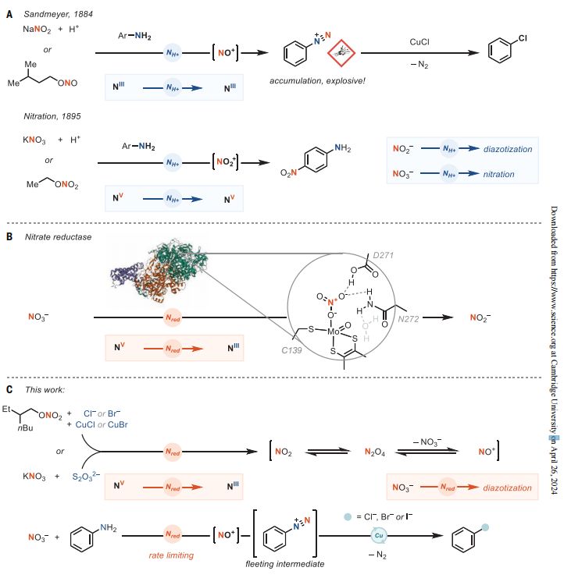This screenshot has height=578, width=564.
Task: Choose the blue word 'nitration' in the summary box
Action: click(x=498, y=173)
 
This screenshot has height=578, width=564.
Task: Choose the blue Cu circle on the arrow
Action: click(x=377, y=537)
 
